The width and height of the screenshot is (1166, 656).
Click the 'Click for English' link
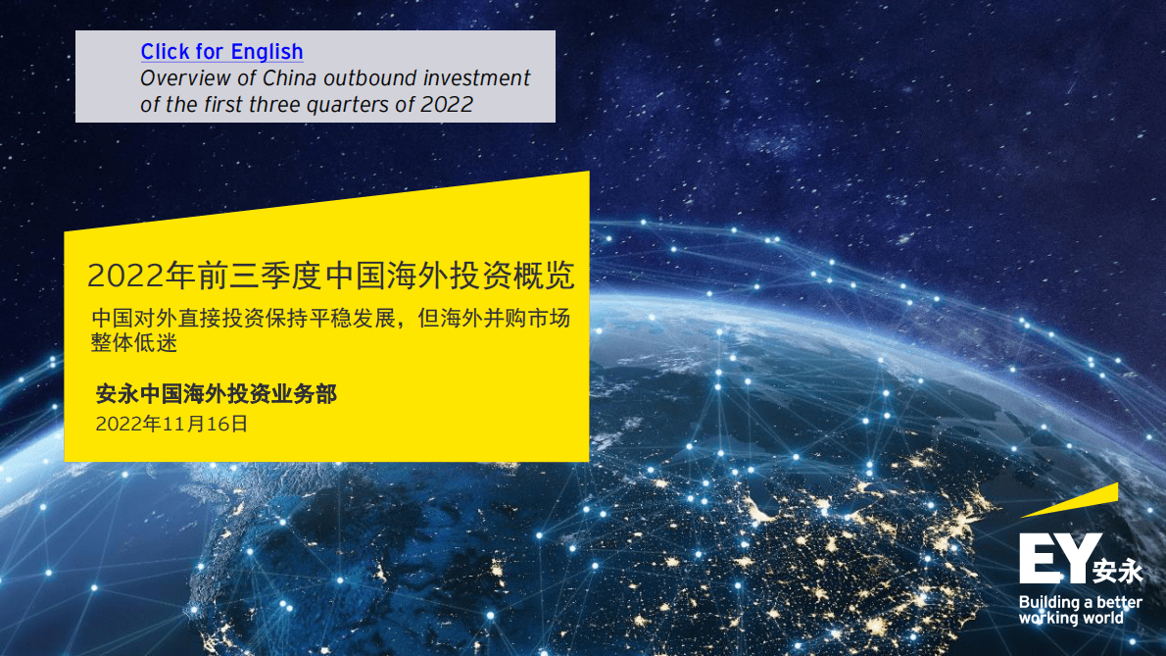(221, 52)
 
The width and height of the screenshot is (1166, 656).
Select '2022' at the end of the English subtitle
(447, 105)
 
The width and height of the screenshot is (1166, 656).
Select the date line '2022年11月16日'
(171, 425)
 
